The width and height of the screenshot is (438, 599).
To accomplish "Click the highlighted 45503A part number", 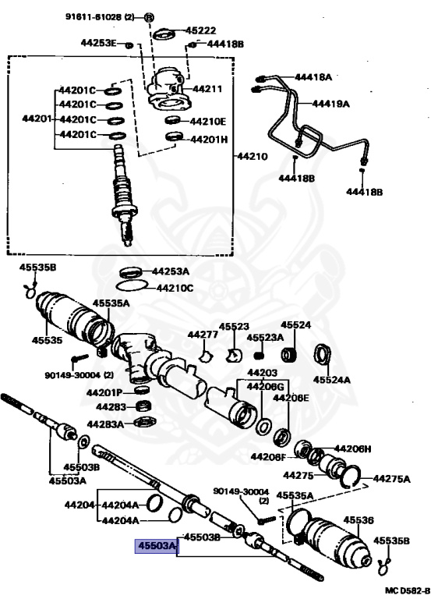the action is [x=156, y=545].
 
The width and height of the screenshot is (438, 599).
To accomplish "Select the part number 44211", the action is [x=207, y=89].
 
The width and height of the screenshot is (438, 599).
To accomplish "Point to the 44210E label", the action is [x=208, y=122].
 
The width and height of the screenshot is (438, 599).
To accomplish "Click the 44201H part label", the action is [x=209, y=139].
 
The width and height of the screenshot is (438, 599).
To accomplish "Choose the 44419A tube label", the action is [x=330, y=103].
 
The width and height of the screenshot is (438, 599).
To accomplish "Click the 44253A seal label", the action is [x=171, y=271].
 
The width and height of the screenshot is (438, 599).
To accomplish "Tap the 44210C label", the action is [x=175, y=288].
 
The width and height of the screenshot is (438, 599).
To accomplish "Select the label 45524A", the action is [x=331, y=379].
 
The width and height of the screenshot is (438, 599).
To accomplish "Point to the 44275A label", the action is [x=391, y=478].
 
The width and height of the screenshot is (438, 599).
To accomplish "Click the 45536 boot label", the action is [x=359, y=520].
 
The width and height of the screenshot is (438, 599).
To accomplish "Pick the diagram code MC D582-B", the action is [x=407, y=591].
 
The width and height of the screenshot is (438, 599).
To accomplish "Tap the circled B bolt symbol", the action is [x=150, y=17].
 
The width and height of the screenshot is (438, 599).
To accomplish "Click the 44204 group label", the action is [x=79, y=505].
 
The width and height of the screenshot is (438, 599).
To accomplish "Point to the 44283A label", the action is [x=105, y=424].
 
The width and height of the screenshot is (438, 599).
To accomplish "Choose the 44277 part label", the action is [x=203, y=335].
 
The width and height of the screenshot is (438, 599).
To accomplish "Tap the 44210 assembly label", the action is [x=253, y=156].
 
